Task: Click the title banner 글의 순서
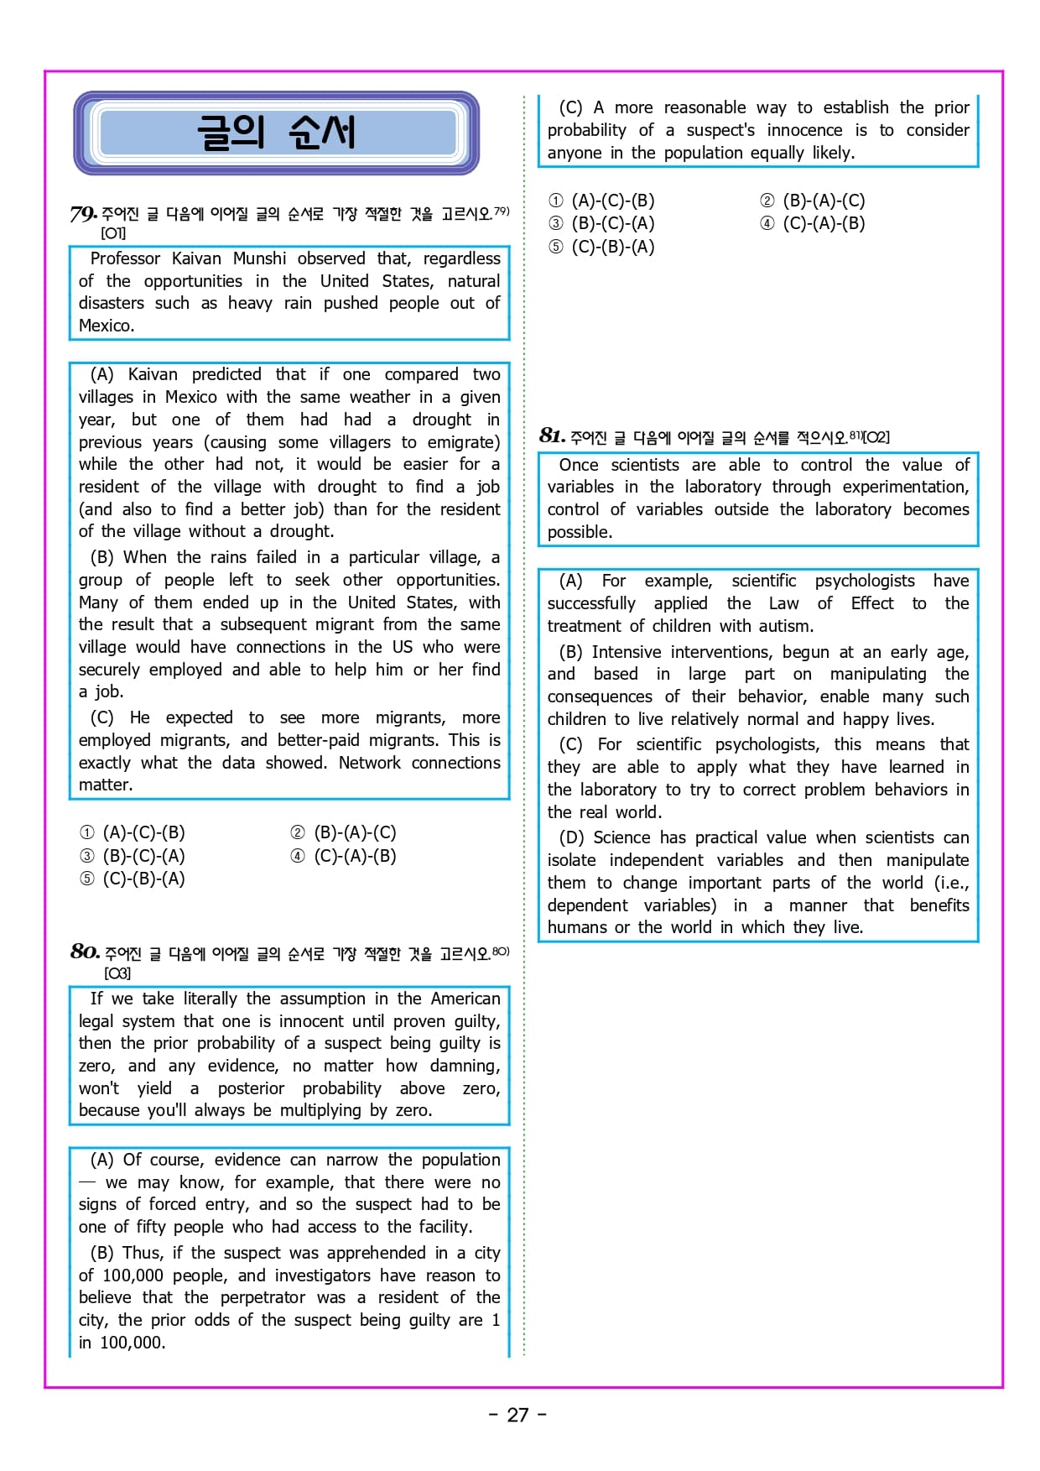click(x=276, y=133)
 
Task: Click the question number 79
click(x=83, y=214)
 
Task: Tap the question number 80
click(x=85, y=952)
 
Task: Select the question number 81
click(x=552, y=436)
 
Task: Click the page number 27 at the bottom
click(x=517, y=1415)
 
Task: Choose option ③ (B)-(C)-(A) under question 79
click(x=133, y=856)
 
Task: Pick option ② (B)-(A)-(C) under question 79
click(x=344, y=832)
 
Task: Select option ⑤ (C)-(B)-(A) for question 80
click(x=601, y=247)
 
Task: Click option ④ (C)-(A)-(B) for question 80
click(x=813, y=223)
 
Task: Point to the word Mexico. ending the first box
click(x=107, y=326)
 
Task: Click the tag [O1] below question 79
click(x=113, y=233)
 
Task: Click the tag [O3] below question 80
click(x=117, y=973)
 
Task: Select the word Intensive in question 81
click(x=627, y=652)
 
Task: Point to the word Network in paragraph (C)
click(x=369, y=763)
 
